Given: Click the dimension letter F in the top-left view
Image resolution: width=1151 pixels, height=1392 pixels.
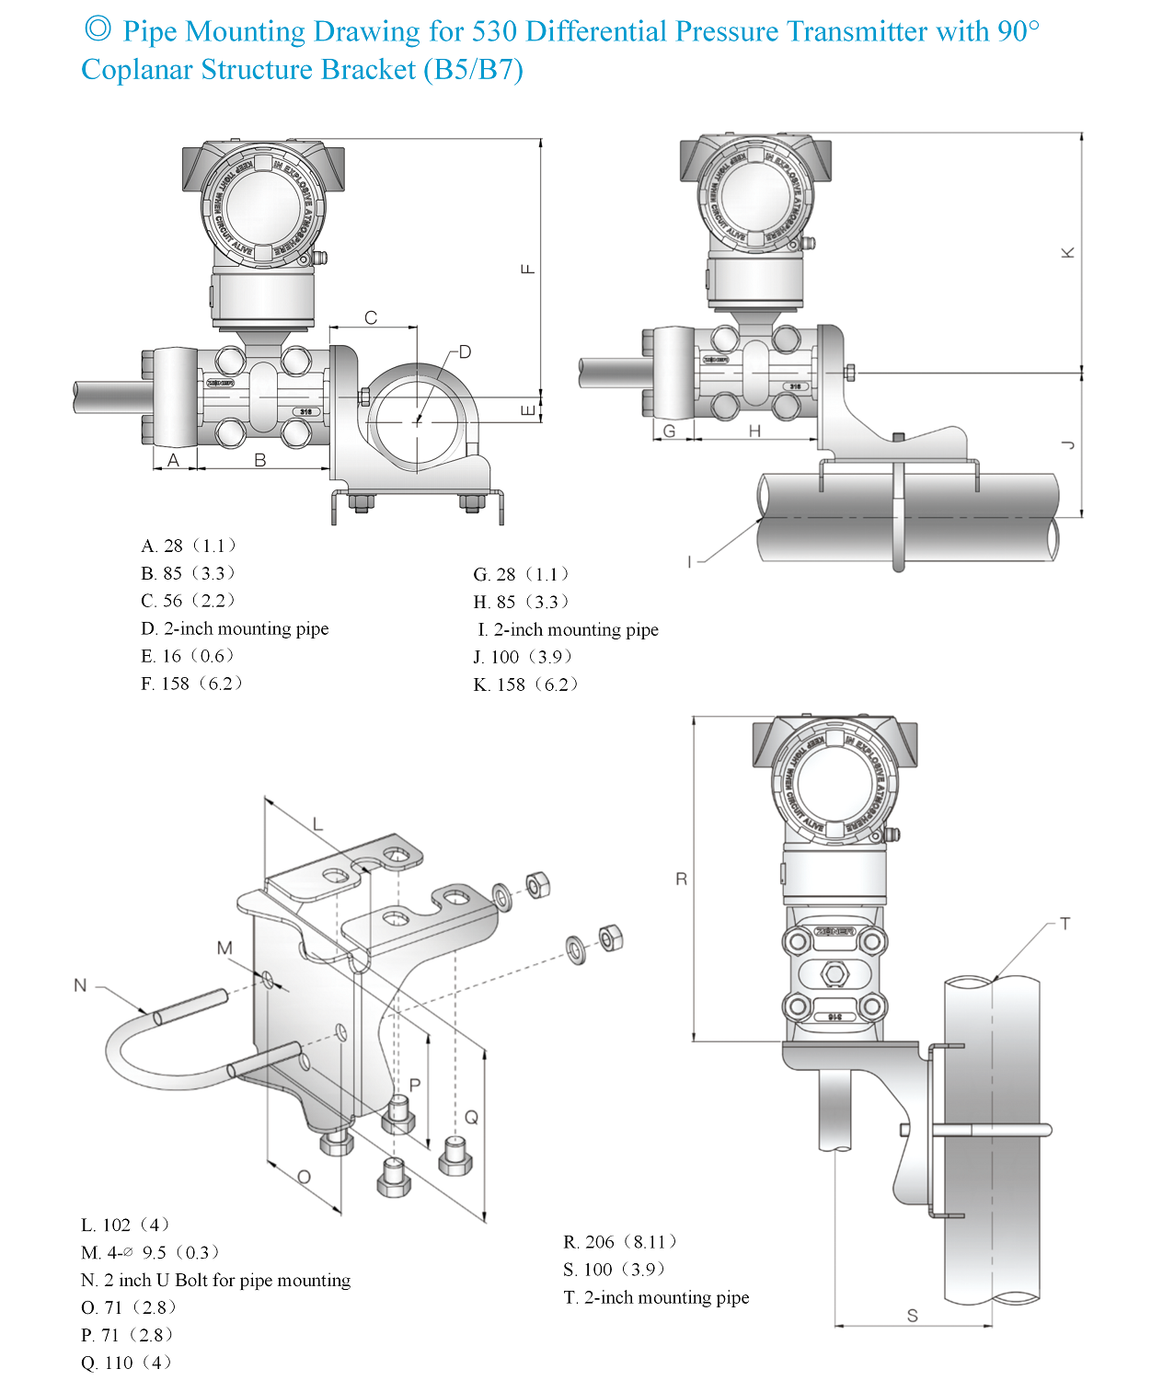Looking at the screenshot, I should (528, 269).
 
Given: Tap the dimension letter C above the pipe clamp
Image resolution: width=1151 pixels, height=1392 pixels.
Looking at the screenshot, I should (371, 317).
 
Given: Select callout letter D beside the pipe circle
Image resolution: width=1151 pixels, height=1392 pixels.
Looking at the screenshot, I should (465, 351).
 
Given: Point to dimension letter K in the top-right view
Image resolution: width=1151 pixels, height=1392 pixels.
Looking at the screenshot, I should (1067, 252).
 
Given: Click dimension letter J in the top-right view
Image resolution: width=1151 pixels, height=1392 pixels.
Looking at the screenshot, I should (1067, 444).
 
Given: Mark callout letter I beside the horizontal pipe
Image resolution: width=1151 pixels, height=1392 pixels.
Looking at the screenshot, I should (689, 561).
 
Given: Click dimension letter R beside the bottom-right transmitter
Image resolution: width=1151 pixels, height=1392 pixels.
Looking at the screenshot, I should (681, 879).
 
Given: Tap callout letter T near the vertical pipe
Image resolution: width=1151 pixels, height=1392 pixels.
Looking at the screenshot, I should (1065, 924).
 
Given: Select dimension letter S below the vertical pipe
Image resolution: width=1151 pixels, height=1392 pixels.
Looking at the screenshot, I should (912, 1316).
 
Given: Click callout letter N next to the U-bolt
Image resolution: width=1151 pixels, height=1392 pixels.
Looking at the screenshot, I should (80, 985).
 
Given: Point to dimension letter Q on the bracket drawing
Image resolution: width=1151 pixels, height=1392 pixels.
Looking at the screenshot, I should (471, 1117).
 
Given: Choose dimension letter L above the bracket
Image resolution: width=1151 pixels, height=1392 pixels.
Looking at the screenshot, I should (318, 823).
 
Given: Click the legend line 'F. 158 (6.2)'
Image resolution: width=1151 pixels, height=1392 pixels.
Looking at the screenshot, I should (191, 684).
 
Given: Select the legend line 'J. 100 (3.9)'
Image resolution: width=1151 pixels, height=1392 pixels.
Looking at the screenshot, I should (523, 657).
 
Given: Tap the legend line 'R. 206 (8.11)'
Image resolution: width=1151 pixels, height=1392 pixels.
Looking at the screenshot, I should (619, 1242).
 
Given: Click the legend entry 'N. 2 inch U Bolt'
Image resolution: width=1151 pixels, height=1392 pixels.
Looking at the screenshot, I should (215, 1280).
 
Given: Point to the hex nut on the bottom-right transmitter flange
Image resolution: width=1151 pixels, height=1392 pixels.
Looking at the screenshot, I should (834, 973).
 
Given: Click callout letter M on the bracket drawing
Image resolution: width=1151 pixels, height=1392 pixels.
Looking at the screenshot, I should (224, 948).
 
